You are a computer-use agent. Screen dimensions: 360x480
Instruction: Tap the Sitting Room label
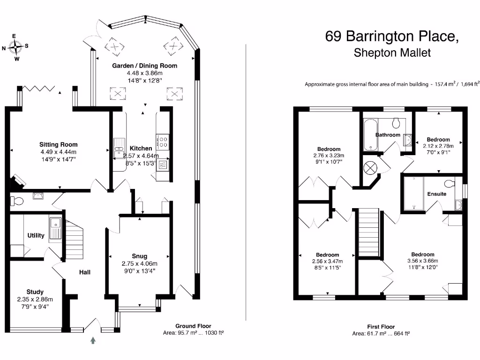(x=58, y=144)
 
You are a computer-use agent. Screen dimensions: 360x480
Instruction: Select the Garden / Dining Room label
(x=144, y=66)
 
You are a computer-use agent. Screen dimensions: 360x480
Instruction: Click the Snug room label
(x=139, y=256)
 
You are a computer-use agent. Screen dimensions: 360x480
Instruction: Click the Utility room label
(x=36, y=235)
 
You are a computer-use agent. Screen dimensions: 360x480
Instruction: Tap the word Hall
(x=84, y=272)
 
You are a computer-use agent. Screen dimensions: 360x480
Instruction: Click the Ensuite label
(x=436, y=194)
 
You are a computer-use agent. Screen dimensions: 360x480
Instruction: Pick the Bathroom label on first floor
(x=388, y=135)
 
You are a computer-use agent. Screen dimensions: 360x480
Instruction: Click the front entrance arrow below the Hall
(x=93, y=340)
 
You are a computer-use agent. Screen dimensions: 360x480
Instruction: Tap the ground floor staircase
(x=74, y=237)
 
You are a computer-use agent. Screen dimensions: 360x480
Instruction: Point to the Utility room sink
(x=55, y=228)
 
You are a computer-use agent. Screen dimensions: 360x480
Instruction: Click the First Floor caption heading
(x=381, y=327)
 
